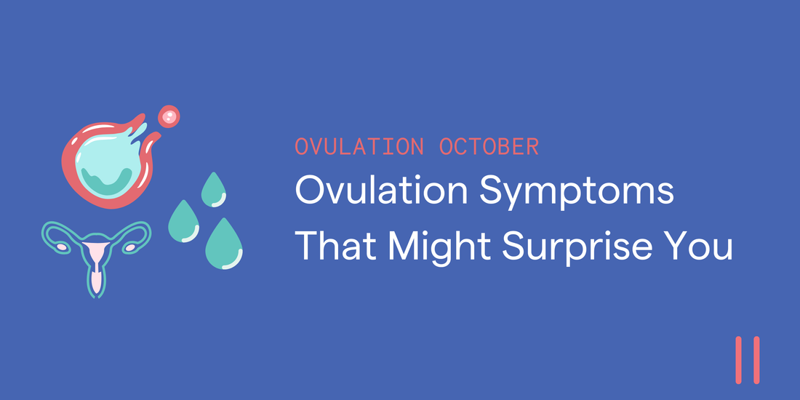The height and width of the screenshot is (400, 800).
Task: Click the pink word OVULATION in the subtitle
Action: [359, 146]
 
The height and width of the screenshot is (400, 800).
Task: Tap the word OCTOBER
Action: [489, 146]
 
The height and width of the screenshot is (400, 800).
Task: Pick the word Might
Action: [440, 247]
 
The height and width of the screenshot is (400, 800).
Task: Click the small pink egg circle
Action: [169, 116]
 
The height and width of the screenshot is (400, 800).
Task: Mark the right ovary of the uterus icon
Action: [131, 248]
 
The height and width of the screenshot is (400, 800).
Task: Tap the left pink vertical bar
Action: [739, 360]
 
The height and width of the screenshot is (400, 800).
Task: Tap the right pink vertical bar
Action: [756, 360]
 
